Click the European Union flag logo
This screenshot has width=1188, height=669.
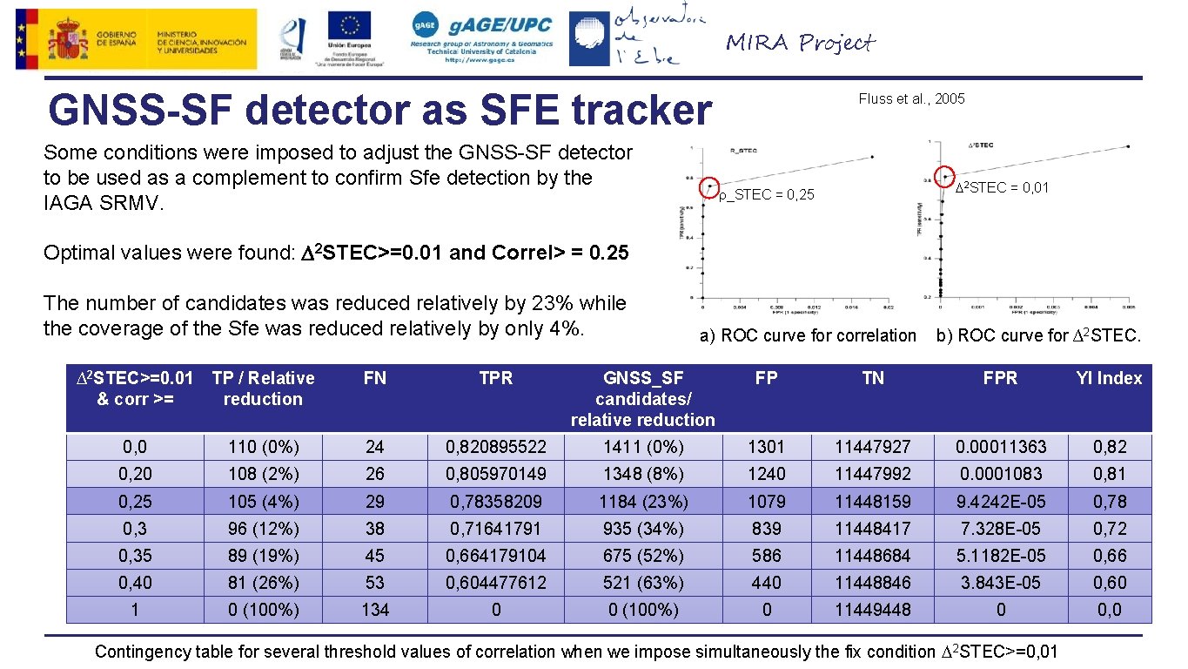pos(349,26)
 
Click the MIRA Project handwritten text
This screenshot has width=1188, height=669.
pos(800,43)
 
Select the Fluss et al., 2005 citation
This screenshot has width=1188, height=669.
pos(911,98)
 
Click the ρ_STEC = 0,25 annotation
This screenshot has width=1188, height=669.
pos(767,195)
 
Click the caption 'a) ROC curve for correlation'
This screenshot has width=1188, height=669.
pos(809,335)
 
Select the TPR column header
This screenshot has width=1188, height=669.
pos(496,378)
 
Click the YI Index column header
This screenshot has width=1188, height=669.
pos(1108,378)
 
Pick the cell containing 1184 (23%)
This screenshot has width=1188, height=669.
pos(643,502)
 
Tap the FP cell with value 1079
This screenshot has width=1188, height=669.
pos(766,502)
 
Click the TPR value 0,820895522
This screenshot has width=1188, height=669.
pos(496,447)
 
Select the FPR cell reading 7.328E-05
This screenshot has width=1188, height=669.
pos(1000,529)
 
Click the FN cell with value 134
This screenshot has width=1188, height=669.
pos(375,610)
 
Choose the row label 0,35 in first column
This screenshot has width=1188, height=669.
pos(135,556)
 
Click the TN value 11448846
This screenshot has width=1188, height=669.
pos(872,583)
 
